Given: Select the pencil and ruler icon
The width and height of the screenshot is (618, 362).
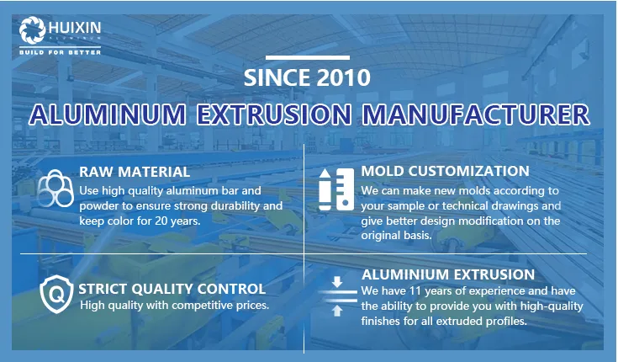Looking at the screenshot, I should pos(336,189).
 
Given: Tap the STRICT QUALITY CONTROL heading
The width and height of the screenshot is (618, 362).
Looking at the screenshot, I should pos(172,289).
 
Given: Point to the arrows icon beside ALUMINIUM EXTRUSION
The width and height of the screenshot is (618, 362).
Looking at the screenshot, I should pos(336,295).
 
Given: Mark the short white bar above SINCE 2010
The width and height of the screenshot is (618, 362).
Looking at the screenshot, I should pos(307,57).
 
